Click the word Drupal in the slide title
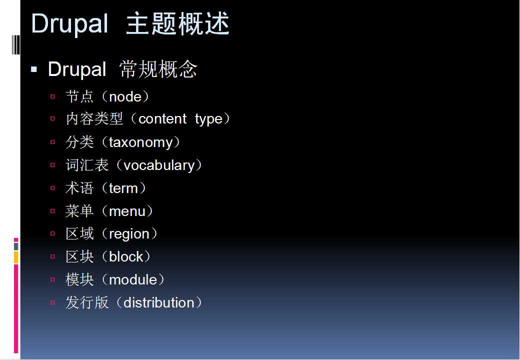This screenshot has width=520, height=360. (69, 24)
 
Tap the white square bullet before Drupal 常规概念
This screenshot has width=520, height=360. (34, 69)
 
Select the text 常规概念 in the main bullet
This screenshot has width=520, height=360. (158, 69)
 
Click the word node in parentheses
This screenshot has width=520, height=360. (125, 97)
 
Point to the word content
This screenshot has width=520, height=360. (162, 119)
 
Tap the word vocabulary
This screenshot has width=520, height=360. (159, 165)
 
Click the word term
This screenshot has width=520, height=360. (123, 188)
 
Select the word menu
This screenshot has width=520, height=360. (127, 211)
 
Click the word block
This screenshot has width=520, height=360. (126, 256)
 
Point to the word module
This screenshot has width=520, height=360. (133, 280)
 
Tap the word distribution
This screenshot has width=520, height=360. (159, 302)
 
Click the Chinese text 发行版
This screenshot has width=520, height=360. (87, 302)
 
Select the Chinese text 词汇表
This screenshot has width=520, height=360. (87, 165)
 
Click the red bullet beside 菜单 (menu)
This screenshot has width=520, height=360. (52, 211)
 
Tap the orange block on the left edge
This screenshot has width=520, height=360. (16, 257)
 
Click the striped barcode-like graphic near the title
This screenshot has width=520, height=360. (15, 44)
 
